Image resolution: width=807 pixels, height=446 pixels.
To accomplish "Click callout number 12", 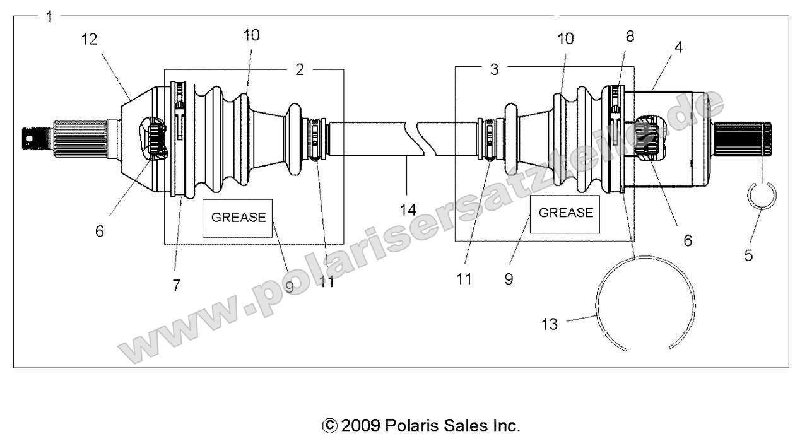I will click(89, 40).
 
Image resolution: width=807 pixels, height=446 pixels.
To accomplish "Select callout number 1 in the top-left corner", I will click(49, 16).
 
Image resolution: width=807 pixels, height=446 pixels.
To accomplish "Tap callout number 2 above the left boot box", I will click(299, 69).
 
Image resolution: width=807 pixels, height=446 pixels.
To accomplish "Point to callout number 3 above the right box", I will click(494, 69).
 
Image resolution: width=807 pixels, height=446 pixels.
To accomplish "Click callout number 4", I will click(660, 47).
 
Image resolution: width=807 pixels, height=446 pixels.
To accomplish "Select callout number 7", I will click(176, 285).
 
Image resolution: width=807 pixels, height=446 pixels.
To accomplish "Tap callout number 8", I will click(630, 37).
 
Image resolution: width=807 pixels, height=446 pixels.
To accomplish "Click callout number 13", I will click(550, 324).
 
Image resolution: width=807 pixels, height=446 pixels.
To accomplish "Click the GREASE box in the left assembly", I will click(238, 218).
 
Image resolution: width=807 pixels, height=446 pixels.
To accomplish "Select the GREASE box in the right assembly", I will click(565, 213).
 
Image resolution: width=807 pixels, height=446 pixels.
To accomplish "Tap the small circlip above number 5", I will click(762, 196).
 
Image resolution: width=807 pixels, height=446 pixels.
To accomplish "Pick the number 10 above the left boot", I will click(251, 35).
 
